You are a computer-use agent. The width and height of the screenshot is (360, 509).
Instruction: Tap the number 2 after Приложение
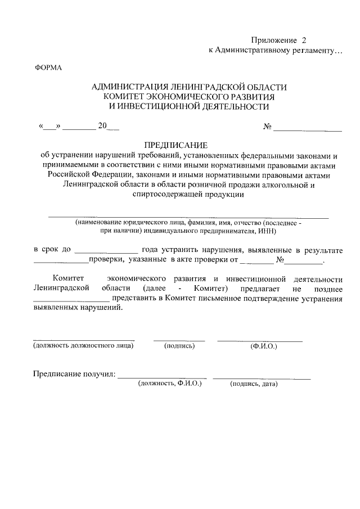(x=305, y=40)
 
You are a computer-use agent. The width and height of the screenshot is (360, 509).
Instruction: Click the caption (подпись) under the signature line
(x=179, y=346)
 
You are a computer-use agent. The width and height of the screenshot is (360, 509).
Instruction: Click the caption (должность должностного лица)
(x=83, y=345)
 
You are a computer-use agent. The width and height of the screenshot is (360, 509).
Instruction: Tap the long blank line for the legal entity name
(x=188, y=217)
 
